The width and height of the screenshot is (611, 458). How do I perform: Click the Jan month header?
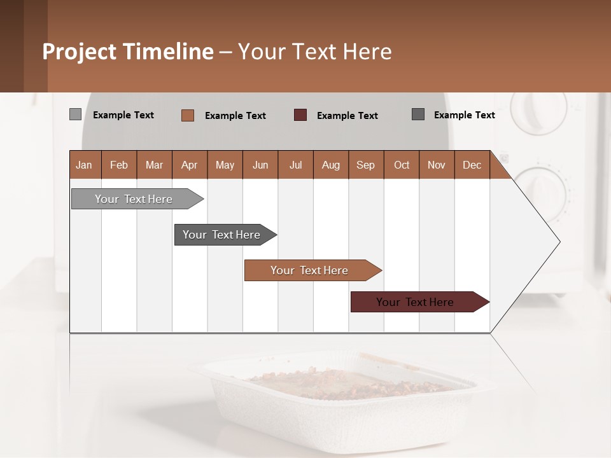pyautogui.click(x=85, y=165)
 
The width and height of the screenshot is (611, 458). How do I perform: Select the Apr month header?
pyautogui.click(x=190, y=165)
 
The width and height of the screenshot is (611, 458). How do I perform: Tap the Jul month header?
pyautogui.click(x=295, y=165)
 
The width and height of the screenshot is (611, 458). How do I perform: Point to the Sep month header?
pyautogui.click(x=365, y=165)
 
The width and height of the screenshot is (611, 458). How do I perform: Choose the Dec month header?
pyautogui.click(x=472, y=165)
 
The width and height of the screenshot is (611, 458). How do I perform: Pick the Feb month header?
pyautogui.click(x=119, y=165)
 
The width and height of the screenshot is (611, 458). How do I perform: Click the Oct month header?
pyautogui.click(x=401, y=165)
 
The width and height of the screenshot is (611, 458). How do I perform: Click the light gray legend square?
pyautogui.click(x=75, y=114)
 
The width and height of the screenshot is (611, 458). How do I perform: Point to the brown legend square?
pyautogui.click(x=188, y=115)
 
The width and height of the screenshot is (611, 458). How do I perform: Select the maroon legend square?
pyautogui.click(x=300, y=115)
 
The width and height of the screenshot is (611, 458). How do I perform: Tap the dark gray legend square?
pyautogui.click(x=418, y=114)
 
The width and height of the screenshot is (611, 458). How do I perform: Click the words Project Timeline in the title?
pyautogui.click(x=128, y=52)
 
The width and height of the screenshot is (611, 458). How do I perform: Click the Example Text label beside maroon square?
pyautogui.click(x=347, y=116)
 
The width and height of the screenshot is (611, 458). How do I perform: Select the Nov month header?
pyautogui.click(x=437, y=165)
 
